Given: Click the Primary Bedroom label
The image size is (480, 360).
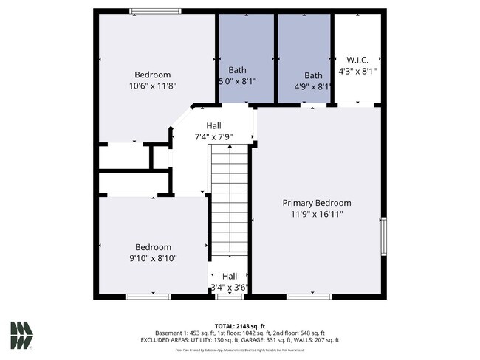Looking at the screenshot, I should [x=317, y=203].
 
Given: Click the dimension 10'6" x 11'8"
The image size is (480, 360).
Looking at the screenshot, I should [x=152, y=86].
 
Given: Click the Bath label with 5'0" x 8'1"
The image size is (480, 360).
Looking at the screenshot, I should [x=237, y=70].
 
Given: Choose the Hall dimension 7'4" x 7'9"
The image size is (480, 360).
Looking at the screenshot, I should [x=213, y=136].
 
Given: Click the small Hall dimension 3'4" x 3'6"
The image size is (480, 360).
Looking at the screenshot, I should [x=229, y=287].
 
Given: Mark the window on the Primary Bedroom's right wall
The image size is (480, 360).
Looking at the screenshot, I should [x=383, y=237].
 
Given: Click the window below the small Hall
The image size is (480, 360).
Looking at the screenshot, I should [x=229, y=297].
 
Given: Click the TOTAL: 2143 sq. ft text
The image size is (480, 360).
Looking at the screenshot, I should [x=240, y=325].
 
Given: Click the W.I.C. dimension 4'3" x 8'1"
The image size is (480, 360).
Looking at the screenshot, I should [x=357, y=72].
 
